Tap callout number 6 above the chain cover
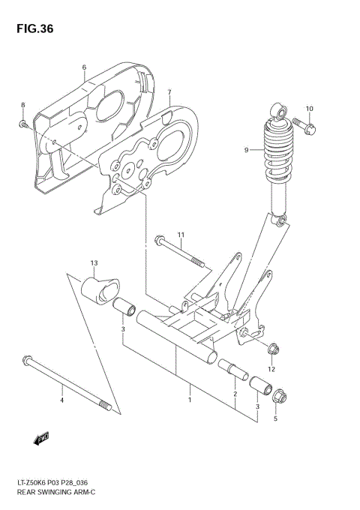click(84, 67)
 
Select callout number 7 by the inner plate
click(169, 92)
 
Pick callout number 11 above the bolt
click(181, 235)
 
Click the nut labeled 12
click(273, 348)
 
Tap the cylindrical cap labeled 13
click(98, 289)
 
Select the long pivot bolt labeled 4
click(67, 383)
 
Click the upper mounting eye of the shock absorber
click(279, 113)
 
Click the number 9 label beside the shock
click(245, 150)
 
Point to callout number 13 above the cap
click(94, 263)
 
